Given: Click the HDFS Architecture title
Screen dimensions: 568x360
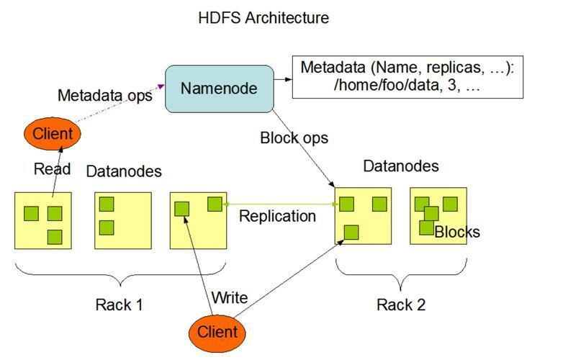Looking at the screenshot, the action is (x=263, y=18).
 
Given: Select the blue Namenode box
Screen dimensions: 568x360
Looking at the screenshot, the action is (x=219, y=89).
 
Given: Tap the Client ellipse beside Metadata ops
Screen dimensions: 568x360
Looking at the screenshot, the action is (x=53, y=134).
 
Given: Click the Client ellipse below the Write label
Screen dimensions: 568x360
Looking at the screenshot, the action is (x=217, y=332).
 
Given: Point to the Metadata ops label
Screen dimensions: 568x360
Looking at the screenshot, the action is (x=104, y=96).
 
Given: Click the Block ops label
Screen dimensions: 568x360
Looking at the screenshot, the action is (x=294, y=138).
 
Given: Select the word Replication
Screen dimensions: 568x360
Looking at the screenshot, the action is (x=277, y=216).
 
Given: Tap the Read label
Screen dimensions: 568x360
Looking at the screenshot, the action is (x=52, y=168).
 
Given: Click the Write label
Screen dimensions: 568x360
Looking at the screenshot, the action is (x=230, y=297).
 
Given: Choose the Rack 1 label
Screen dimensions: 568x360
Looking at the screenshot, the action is (x=119, y=305).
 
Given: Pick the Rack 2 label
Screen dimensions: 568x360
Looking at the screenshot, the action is (x=401, y=305).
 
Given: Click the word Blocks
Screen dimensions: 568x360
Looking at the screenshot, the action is (x=457, y=232).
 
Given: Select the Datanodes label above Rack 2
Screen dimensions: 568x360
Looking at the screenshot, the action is (x=401, y=166).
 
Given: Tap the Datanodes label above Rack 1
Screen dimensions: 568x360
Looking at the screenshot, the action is (x=124, y=171).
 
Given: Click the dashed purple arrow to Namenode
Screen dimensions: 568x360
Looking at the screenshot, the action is (x=120, y=104).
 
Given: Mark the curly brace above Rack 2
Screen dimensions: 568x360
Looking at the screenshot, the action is (x=401, y=274).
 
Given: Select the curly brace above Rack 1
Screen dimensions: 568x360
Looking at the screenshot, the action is (x=120, y=274).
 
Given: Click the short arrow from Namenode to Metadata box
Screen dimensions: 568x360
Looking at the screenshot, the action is (x=283, y=79).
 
